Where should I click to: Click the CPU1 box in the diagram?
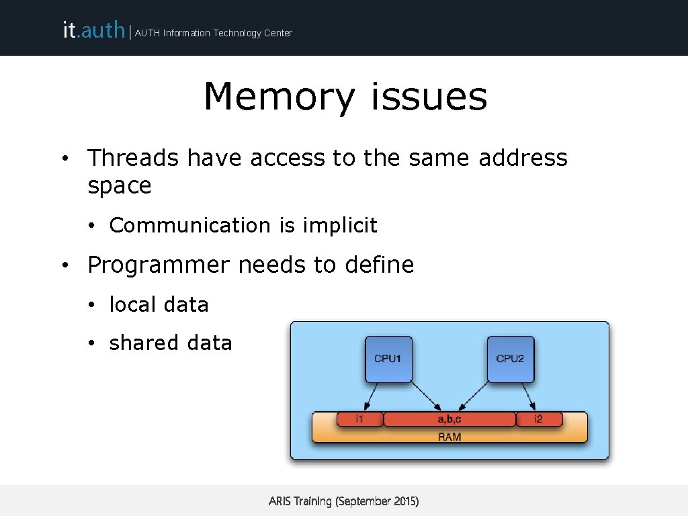point(388,359)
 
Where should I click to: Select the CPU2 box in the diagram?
point(510,359)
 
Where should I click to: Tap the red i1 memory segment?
point(359,419)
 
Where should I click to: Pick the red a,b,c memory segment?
point(449,419)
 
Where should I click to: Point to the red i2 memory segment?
point(538,419)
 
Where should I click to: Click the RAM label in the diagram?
point(449,437)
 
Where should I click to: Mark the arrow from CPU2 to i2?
point(528,396)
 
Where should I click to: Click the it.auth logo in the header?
point(93,30)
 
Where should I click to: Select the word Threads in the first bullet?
point(133,158)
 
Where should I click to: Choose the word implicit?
point(340,226)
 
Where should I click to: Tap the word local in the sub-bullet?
point(132,304)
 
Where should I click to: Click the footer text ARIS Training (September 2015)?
point(343,501)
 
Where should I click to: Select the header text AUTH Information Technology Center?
point(214,33)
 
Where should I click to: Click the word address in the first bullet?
point(523,158)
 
